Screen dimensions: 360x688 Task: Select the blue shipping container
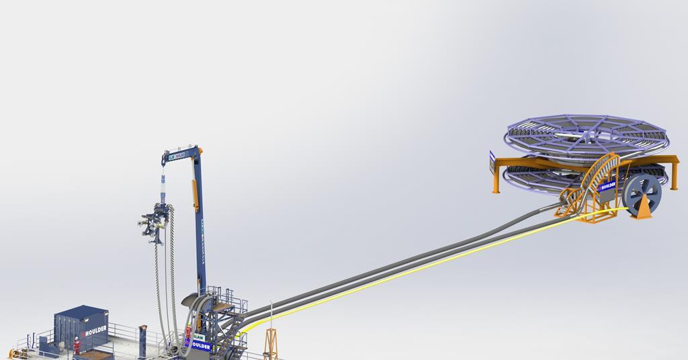(81, 328)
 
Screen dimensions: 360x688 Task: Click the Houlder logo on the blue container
(93, 331)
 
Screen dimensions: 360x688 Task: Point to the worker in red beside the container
(77, 345)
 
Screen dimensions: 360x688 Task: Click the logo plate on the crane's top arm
(177, 156)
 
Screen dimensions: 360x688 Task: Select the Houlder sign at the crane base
(200, 346)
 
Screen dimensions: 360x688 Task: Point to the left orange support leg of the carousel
(496, 178)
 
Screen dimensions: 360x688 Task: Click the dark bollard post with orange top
(142, 336)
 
